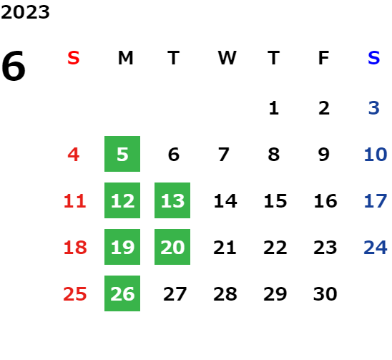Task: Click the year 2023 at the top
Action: (x=25, y=12)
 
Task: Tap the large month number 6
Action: (x=14, y=66)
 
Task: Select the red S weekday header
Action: (x=74, y=58)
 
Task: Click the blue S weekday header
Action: (x=374, y=58)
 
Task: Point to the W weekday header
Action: (x=227, y=58)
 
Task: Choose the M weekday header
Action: (x=125, y=58)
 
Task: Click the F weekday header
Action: (x=324, y=58)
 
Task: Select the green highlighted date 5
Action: (x=122, y=154)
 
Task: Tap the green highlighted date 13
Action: (x=172, y=200)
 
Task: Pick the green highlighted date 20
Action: (x=172, y=247)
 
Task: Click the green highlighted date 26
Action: (x=122, y=293)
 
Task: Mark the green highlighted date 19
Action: (x=122, y=247)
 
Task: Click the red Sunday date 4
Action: (x=74, y=155)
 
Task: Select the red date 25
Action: (x=75, y=293)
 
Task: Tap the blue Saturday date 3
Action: (x=374, y=108)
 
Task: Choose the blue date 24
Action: (x=376, y=248)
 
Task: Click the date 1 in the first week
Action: (x=274, y=108)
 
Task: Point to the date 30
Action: (x=325, y=293)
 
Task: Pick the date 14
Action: (x=225, y=201)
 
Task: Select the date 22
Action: (x=275, y=248)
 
